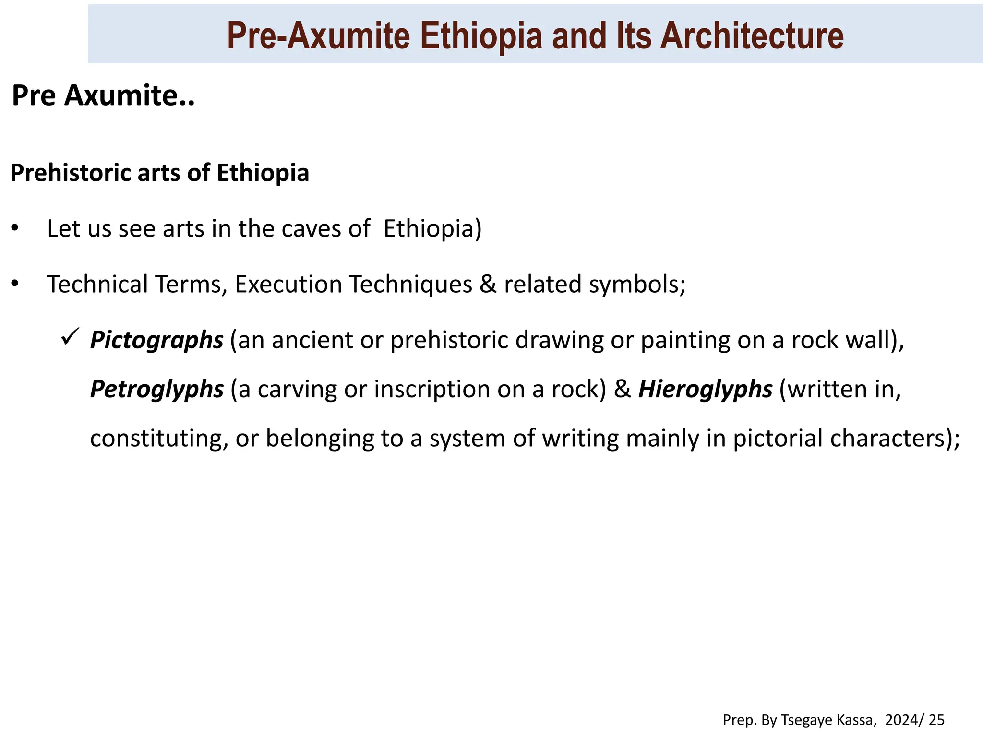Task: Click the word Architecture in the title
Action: [x=752, y=36]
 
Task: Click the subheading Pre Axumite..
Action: [x=103, y=95]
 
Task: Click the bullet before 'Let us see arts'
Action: [x=15, y=228]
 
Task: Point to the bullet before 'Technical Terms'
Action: [x=15, y=284]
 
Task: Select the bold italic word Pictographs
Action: [x=156, y=340]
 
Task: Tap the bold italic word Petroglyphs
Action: [x=156, y=389]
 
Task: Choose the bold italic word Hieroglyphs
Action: [x=705, y=389]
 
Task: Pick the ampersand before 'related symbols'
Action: [x=488, y=284]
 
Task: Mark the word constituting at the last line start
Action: [x=159, y=439]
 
